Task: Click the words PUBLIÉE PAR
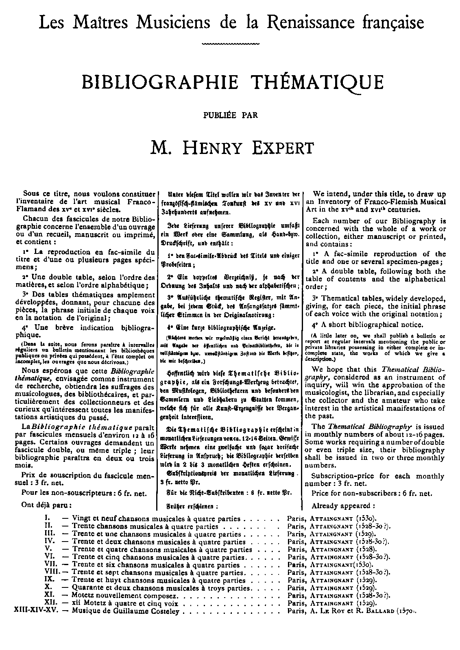pyautogui.click(x=230, y=115)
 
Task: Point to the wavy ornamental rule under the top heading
pyautogui.click(x=230, y=43)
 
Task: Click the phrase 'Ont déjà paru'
pyautogui.click(x=47, y=505)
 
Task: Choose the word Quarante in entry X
pyautogui.click(x=86, y=588)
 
